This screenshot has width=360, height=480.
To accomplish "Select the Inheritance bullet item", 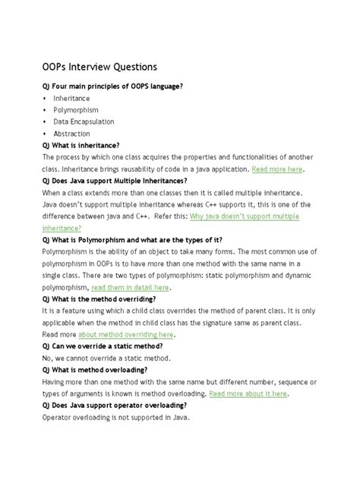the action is [71, 98].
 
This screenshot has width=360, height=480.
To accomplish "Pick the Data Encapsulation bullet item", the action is [84, 122].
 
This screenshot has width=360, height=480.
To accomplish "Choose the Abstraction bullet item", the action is [71, 134].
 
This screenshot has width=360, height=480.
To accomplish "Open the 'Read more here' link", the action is [277, 169].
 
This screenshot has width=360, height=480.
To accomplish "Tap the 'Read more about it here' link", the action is [248, 393].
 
